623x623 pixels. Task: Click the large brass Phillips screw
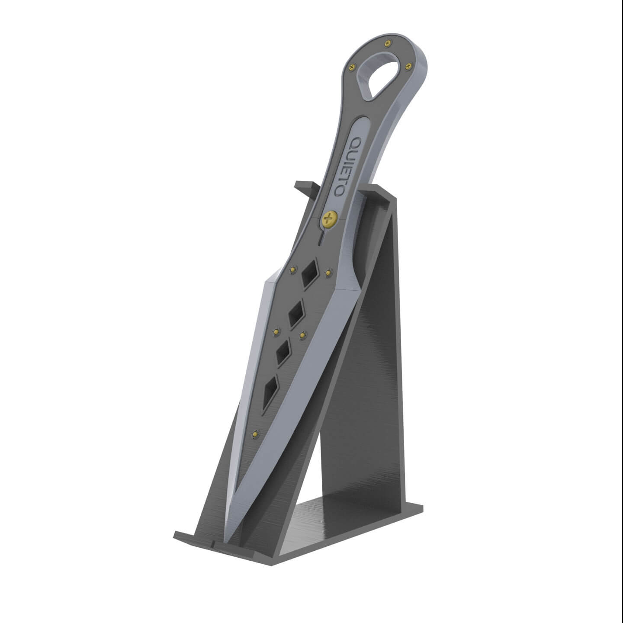(x=329, y=218)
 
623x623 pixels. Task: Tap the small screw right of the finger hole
(x=408, y=66)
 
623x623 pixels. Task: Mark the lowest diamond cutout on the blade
(x=270, y=390)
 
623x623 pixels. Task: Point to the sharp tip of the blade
(x=228, y=541)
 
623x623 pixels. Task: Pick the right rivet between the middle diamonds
(x=303, y=334)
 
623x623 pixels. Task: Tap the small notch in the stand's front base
(x=214, y=542)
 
